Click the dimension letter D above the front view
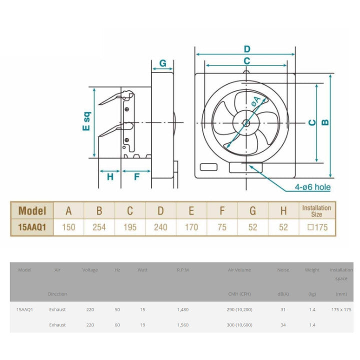(247, 49)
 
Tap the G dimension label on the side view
(163, 63)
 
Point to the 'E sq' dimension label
(86, 121)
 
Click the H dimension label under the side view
(110, 177)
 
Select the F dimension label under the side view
(137, 177)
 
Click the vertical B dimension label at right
(325, 122)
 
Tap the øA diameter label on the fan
(256, 101)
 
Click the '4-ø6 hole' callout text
(312, 187)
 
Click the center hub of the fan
(246, 123)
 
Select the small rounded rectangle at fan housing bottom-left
(208, 167)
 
